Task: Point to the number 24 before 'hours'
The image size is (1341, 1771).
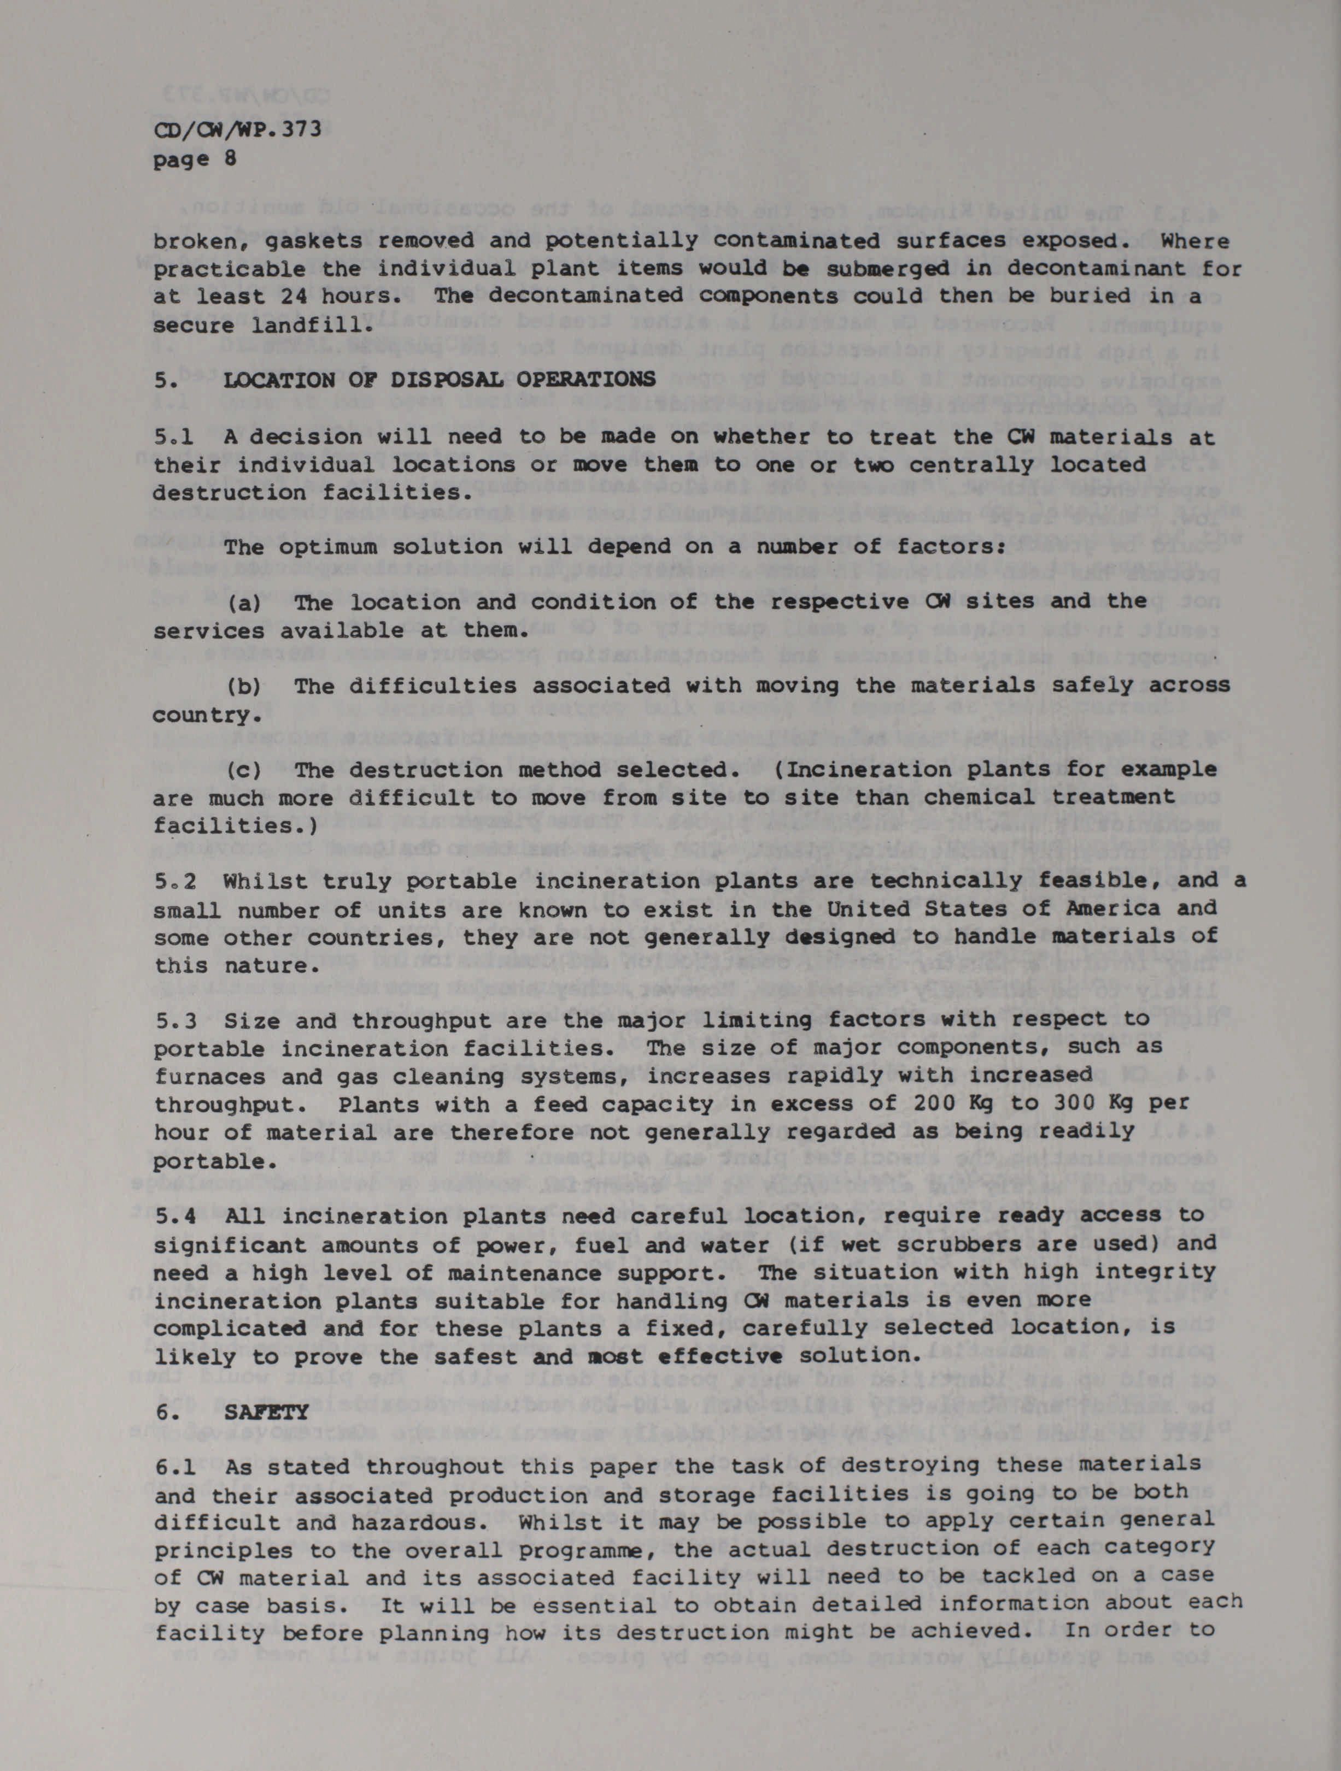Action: [284, 296]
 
